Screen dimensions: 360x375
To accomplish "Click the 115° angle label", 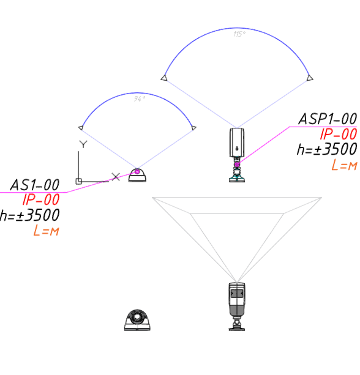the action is click(x=239, y=34).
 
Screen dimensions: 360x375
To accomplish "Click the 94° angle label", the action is click(x=140, y=98).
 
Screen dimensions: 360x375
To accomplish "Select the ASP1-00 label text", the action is click(x=328, y=119).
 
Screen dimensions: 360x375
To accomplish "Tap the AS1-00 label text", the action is click(x=35, y=185).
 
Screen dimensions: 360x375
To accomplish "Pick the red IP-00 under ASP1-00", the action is click(x=339, y=134).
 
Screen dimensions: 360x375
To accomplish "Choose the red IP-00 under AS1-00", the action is click(x=41, y=199).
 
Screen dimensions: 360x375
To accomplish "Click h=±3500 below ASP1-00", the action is click(x=327, y=149).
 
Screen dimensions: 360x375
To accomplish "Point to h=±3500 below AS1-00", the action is click(x=29, y=215).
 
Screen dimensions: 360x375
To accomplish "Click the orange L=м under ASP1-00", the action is click(x=344, y=165).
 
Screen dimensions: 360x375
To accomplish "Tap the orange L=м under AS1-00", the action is click(x=46, y=231).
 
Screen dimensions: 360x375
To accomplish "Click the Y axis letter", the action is click(x=83, y=144).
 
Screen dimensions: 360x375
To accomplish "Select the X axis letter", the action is click(x=116, y=177).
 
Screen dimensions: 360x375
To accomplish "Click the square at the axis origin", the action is click(x=79, y=181).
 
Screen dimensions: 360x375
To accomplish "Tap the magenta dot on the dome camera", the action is click(x=137, y=172).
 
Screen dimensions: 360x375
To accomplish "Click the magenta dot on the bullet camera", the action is click(x=237, y=165).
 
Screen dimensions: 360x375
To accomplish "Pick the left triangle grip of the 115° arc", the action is click(x=164, y=78).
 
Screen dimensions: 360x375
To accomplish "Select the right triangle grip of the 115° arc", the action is click(x=310, y=78).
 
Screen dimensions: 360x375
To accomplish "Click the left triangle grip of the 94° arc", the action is click(x=81, y=128).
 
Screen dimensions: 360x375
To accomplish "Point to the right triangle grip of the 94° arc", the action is click(x=193, y=128).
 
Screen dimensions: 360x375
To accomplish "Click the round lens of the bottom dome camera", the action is click(x=137, y=316).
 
